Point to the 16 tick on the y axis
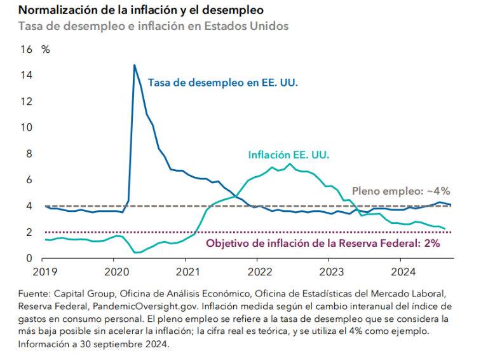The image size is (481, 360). point(27,49)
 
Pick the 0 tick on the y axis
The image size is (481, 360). point(29,258)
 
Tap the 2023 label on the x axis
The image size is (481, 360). point(329,270)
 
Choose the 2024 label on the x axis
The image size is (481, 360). point(400,270)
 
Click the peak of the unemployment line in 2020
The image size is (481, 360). point(135,65)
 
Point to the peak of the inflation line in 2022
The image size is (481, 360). point(290,164)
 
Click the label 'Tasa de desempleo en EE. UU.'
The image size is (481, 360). point(223,83)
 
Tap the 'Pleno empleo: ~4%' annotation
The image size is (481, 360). point(400,190)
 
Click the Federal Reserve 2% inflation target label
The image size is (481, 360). point(322,244)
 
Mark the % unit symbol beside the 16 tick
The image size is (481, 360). point(46,49)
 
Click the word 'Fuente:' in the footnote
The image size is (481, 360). point(35,294)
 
